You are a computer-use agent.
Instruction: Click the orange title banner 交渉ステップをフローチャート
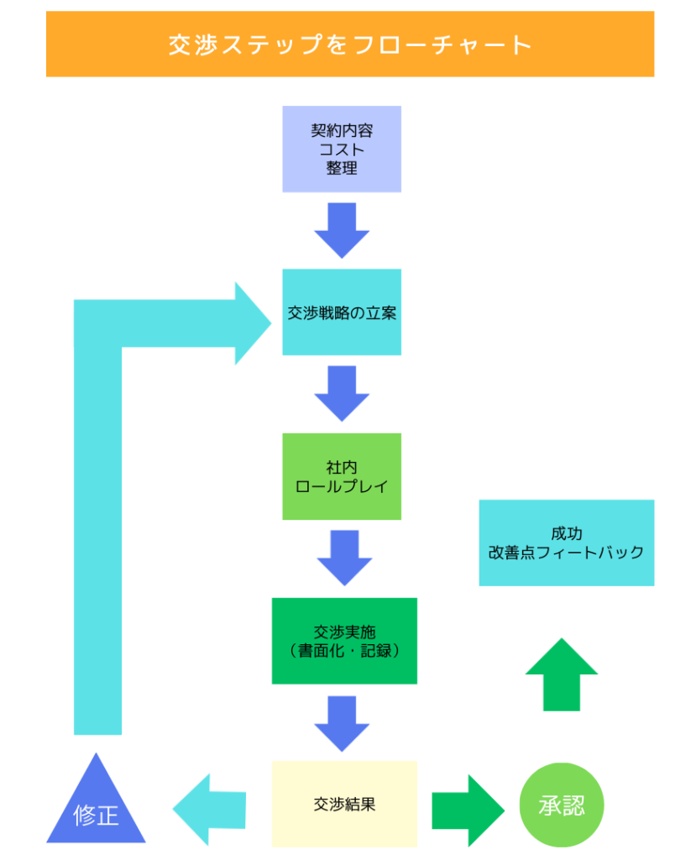(349, 44)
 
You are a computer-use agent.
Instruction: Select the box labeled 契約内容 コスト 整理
(342, 149)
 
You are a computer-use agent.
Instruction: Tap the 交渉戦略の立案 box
(342, 312)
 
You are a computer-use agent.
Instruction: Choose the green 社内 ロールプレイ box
(342, 476)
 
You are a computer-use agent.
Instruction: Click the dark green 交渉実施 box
(344, 641)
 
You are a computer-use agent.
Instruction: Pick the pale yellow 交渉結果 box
(344, 804)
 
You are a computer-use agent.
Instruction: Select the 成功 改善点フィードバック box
(566, 543)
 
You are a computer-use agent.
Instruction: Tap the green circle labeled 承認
(562, 805)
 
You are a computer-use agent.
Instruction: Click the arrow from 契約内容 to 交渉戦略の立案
(342, 230)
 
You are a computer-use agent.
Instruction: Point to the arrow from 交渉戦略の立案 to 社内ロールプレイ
(342, 393)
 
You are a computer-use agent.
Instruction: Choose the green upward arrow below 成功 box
(562, 674)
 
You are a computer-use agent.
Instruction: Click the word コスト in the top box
(342, 149)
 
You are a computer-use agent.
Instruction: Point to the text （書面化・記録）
(344, 651)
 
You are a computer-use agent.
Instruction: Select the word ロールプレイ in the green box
(342, 486)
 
